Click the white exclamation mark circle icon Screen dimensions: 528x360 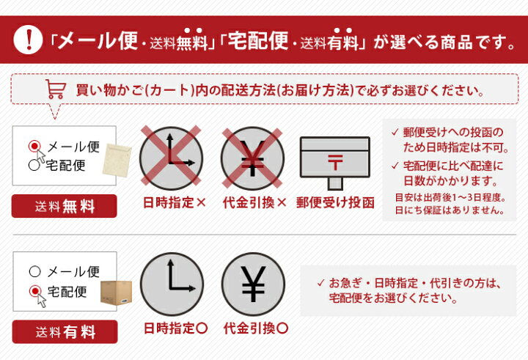point(28,40)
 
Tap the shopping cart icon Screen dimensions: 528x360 point(56,89)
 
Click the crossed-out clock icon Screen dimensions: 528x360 point(171,158)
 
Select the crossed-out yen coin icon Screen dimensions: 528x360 point(252,158)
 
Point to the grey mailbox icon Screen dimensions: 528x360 point(335,163)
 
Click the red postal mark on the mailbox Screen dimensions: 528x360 point(335,162)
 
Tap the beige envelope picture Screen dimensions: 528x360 point(117,161)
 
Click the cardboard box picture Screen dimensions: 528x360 point(117,293)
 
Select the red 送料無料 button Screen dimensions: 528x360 point(65,206)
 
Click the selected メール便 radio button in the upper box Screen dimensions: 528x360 point(34,146)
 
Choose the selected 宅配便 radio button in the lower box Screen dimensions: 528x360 point(35,291)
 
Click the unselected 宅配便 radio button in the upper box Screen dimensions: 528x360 point(34,165)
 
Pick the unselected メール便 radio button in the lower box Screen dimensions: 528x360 point(35,271)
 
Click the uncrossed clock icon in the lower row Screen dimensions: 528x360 point(172,284)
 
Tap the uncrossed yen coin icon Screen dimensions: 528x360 point(253,284)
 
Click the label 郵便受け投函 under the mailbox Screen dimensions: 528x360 point(335,203)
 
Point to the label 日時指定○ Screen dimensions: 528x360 point(175,328)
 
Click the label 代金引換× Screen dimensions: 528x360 point(254,203)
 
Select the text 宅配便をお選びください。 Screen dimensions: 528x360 point(393,298)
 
